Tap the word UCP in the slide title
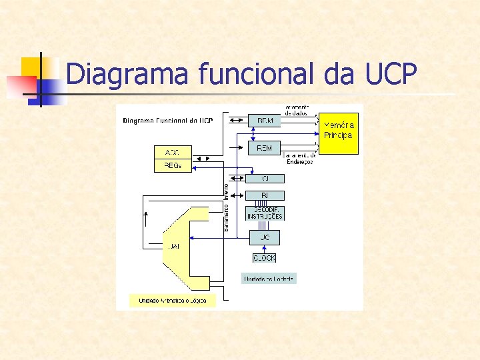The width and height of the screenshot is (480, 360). click(391, 73)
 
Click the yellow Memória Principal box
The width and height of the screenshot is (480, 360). click(339, 133)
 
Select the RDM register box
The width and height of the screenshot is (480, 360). click(264, 121)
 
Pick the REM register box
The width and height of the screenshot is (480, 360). click(264, 148)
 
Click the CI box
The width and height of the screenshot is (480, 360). click(265, 178)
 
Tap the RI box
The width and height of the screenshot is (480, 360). click(265, 195)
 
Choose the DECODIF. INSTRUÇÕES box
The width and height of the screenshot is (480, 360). click(265, 213)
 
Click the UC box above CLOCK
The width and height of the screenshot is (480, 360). click(265, 237)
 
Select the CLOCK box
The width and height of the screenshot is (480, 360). click(264, 258)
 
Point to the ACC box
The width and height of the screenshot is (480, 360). click(173, 152)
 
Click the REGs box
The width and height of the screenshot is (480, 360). click(173, 166)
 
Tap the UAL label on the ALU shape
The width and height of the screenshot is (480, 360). click(173, 246)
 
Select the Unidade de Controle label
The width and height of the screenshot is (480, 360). click(269, 279)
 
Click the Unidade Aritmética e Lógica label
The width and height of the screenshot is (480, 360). click(173, 301)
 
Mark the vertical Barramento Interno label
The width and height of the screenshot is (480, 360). click(225, 207)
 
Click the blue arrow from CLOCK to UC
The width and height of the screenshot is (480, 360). click(265, 249)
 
